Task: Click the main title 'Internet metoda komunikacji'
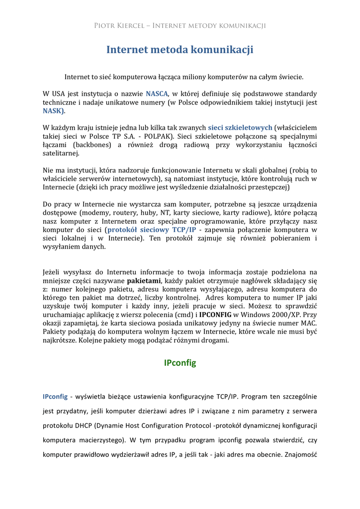pos(180,50)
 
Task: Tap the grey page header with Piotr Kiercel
pos(180,26)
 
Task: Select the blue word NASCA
pos(158,94)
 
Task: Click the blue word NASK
pos(54,111)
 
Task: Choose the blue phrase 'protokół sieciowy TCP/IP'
pos(152,230)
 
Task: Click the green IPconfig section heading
pos(180,363)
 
